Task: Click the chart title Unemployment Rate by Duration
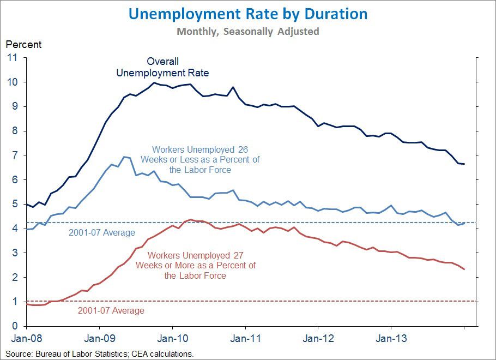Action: pyautogui.click(x=248, y=14)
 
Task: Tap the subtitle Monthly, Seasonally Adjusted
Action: pyautogui.click(x=248, y=32)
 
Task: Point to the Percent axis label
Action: pyautogui.click(x=23, y=44)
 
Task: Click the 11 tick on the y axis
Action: pyautogui.click(x=11, y=57)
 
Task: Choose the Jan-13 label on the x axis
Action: pyautogui.click(x=391, y=338)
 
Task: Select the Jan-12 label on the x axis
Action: pyautogui.click(x=318, y=338)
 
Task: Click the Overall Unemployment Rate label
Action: pyautogui.click(x=163, y=67)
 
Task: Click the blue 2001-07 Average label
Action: pyautogui.click(x=102, y=233)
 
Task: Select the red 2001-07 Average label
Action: pyautogui.click(x=111, y=311)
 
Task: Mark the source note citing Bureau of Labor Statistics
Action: pyautogui.click(x=100, y=354)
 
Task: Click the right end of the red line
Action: pyautogui.click(x=464, y=269)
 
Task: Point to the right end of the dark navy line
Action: pyautogui.click(x=464, y=164)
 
